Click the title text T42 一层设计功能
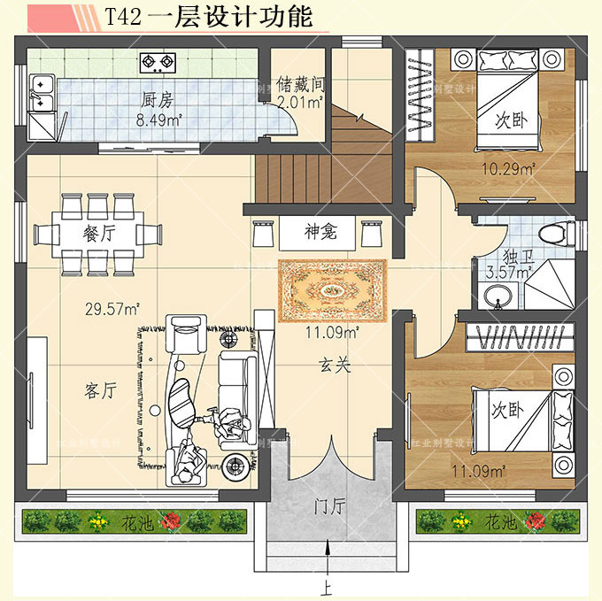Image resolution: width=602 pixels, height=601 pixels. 208,17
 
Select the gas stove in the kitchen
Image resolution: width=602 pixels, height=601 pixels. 158,62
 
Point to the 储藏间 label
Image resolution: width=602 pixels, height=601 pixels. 301,85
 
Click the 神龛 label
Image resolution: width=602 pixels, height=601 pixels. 319,233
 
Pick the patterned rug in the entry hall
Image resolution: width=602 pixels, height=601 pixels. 332,290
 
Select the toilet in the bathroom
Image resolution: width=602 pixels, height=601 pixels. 551,235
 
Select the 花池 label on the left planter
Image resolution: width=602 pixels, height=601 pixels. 136,523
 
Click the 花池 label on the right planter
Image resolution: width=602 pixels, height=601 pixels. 500,523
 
